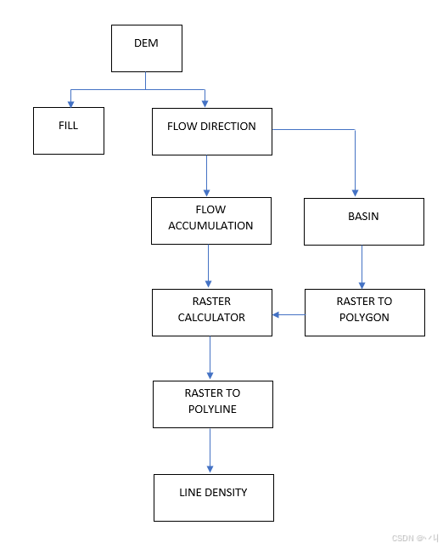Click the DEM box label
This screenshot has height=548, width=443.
point(146,43)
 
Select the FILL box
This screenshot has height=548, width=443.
point(69,131)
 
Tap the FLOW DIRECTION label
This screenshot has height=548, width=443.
point(211,126)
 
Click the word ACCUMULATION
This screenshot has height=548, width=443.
point(210,226)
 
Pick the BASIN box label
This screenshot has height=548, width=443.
point(363,217)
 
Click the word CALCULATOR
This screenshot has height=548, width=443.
point(211,318)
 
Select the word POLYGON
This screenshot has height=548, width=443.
point(364,318)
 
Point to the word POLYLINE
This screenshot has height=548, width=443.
point(212,409)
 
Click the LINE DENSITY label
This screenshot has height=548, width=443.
point(213,493)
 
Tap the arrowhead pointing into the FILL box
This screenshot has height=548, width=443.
point(71,105)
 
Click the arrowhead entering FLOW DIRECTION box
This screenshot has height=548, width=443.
point(205,104)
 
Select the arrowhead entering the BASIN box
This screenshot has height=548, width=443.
point(355,193)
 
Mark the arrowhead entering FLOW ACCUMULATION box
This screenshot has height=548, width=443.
point(207,193)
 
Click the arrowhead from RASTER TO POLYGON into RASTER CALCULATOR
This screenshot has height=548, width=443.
point(276,315)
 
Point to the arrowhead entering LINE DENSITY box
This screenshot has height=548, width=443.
point(210,469)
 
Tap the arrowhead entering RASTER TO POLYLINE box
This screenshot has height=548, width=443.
point(210,376)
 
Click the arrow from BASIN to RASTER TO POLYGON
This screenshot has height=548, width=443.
point(362,267)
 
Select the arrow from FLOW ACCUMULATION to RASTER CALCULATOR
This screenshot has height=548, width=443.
point(209,266)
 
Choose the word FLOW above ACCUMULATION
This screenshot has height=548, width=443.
point(210,209)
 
